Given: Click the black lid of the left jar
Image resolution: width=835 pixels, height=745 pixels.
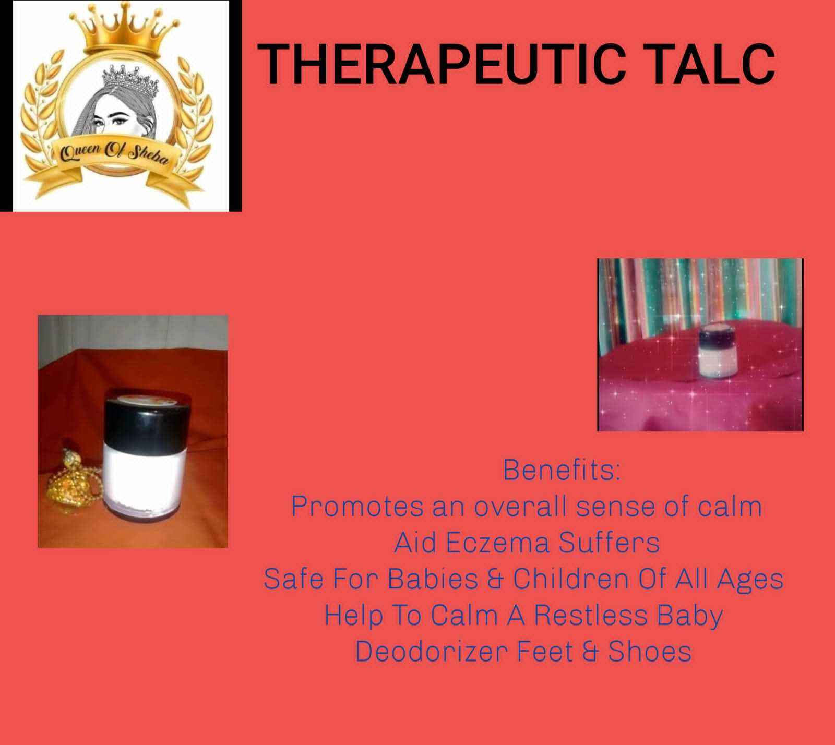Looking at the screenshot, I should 148,411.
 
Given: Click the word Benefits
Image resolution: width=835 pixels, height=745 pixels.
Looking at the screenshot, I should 562,471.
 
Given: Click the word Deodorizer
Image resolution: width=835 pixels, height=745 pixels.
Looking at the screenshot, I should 431,652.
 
